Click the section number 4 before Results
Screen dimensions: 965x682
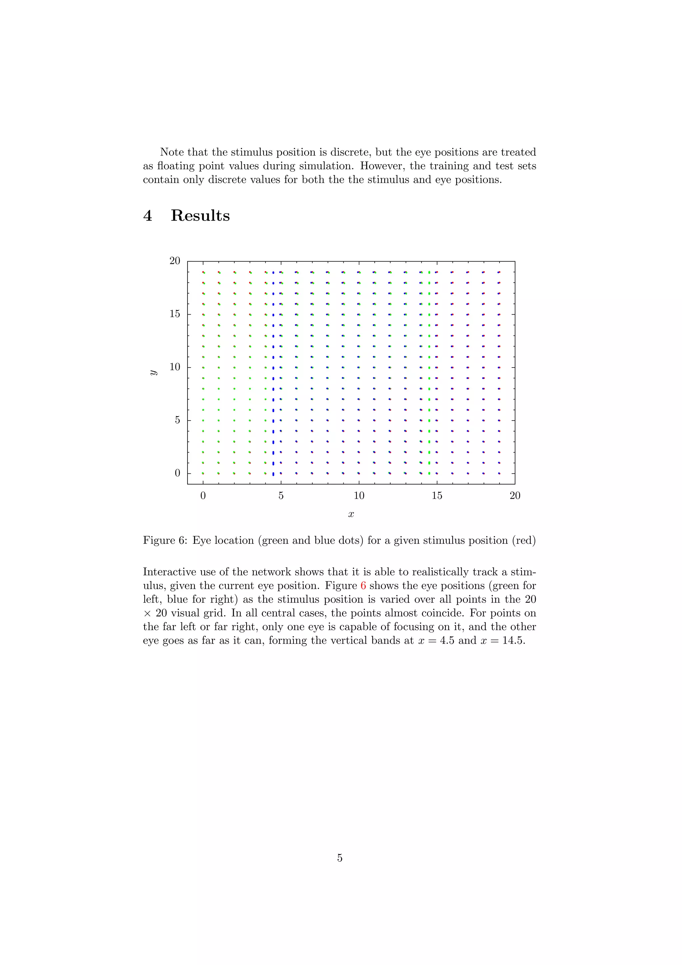(148, 216)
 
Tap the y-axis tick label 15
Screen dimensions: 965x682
(175, 314)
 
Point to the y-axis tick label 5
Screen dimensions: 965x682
(177, 420)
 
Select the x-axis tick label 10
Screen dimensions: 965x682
(359, 496)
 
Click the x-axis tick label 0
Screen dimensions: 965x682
(203, 496)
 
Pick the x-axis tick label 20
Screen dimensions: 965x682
(515, 496)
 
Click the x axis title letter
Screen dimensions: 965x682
(351, 514)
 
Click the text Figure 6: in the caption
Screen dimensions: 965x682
(165, 540)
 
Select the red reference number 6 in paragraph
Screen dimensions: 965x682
(363, 586)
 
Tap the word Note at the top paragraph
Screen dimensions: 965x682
(172, 152)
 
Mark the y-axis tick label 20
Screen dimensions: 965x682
(175, 261)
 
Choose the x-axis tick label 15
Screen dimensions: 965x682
(437, 496)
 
